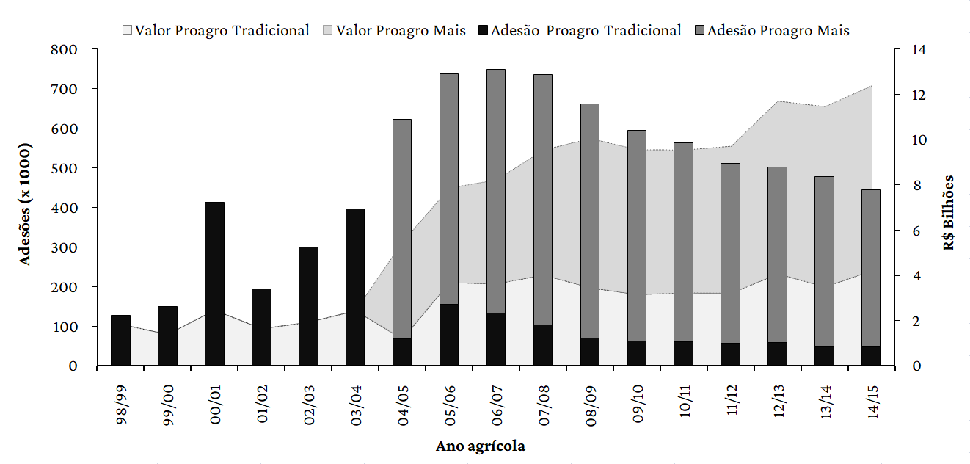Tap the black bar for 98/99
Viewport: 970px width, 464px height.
pyautogui.click(x=120, y=340)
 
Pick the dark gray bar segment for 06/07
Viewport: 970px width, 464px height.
pyautogui.click(x=496, y=191)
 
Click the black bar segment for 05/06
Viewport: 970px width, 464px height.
pyautogui.click(x=449, y=335)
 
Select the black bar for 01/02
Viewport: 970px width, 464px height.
pyautogui.click(x=261, y=327)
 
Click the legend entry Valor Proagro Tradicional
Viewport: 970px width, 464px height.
pyautogui.click(x=216, y=31)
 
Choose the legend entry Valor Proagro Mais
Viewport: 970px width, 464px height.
pyautogui.click(x=393, y=31)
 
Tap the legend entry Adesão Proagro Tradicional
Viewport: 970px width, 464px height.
pyautogui.click(x=579, y=31)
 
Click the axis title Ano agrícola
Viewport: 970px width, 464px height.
pyautogui.click(x=481, y=446)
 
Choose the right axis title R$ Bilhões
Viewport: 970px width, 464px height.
pyautogui.click(x=949, y=213)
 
